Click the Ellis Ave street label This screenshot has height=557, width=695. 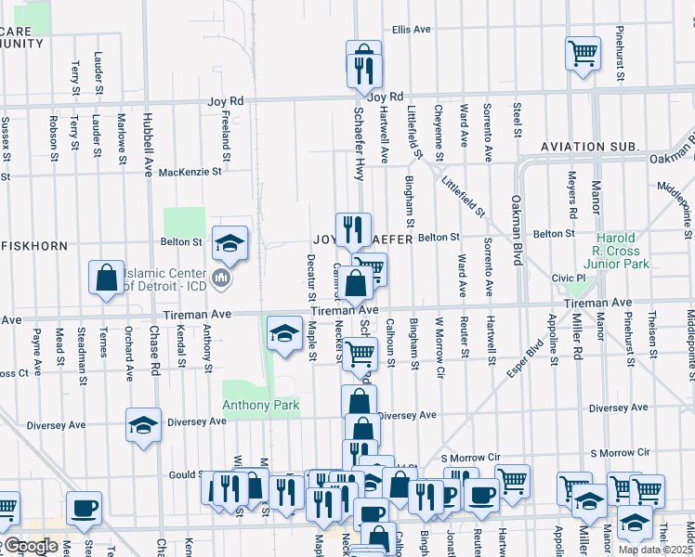click(411, 30)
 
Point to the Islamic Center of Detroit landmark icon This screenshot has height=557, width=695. click(222, 278)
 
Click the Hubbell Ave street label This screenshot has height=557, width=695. click(148, 145)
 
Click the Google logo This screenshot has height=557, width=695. click(32, 546)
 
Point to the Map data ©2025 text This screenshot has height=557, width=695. click(655, 550)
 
